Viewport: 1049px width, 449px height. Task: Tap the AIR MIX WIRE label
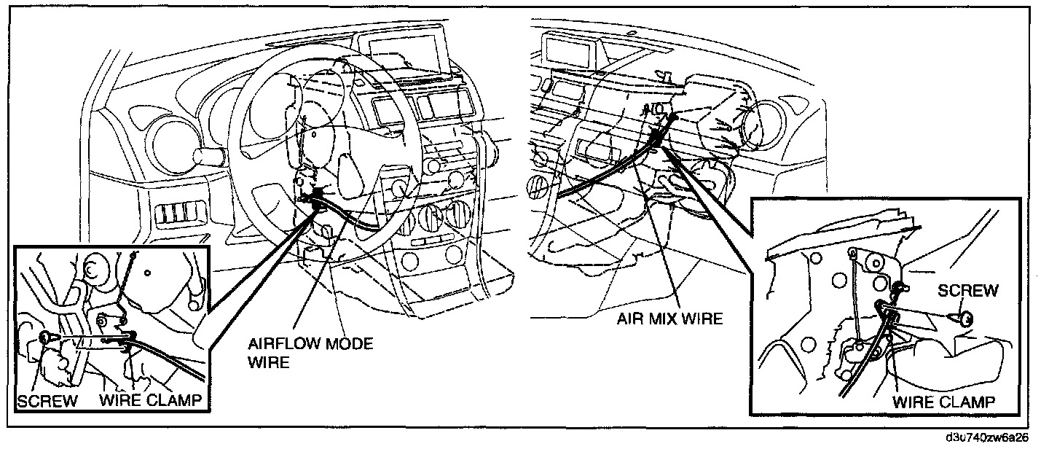coord(669,319)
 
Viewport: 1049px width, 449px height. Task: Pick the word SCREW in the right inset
coord(967,291)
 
